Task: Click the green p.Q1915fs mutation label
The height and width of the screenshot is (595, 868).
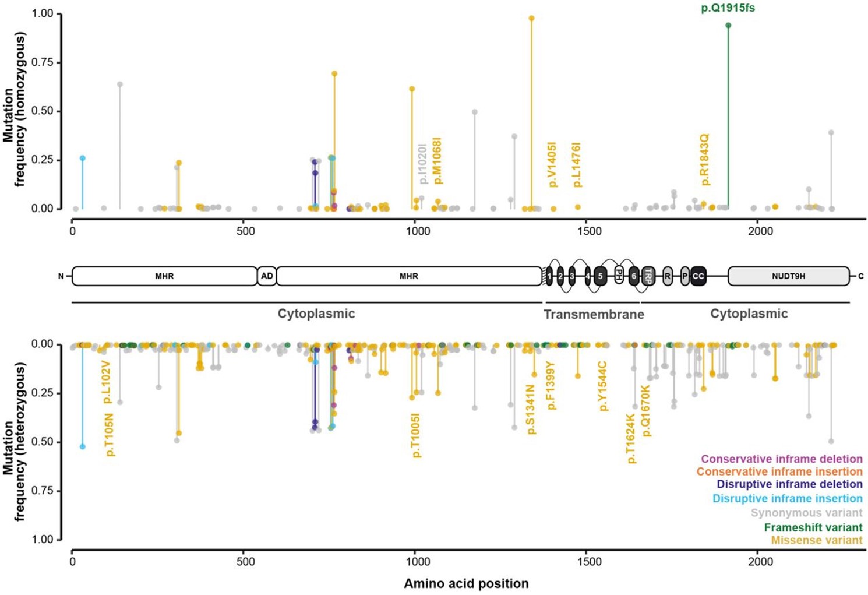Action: pos(728,8)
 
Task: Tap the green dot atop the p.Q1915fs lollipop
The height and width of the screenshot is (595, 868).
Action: pos(728,25)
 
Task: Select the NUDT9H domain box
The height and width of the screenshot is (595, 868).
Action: pos(788,276)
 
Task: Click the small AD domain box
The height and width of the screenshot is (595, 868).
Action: pos(267,276)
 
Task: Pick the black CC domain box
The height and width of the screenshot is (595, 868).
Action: pos(698,276)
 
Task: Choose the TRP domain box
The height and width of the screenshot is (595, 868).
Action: pos(648,276)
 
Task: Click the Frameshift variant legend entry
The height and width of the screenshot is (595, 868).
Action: pos(813,527)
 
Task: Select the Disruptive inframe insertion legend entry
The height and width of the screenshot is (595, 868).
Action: pos(787,498)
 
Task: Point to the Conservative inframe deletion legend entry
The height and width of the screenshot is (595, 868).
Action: pos(781,459)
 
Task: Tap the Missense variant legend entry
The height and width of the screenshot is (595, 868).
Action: pos(816,540)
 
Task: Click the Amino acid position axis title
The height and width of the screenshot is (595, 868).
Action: pos(466,583)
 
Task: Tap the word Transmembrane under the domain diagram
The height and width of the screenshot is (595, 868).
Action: pos(594,315)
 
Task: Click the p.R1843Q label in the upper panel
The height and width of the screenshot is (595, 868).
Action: pos(705,160)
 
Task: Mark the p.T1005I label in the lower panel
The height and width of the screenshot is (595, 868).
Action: pos(416,435)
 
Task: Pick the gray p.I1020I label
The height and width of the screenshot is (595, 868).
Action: pos(423,164)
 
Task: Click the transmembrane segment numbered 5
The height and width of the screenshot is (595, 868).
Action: pos(600,276)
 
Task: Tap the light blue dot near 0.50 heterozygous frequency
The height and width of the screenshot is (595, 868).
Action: pos(83,446)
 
